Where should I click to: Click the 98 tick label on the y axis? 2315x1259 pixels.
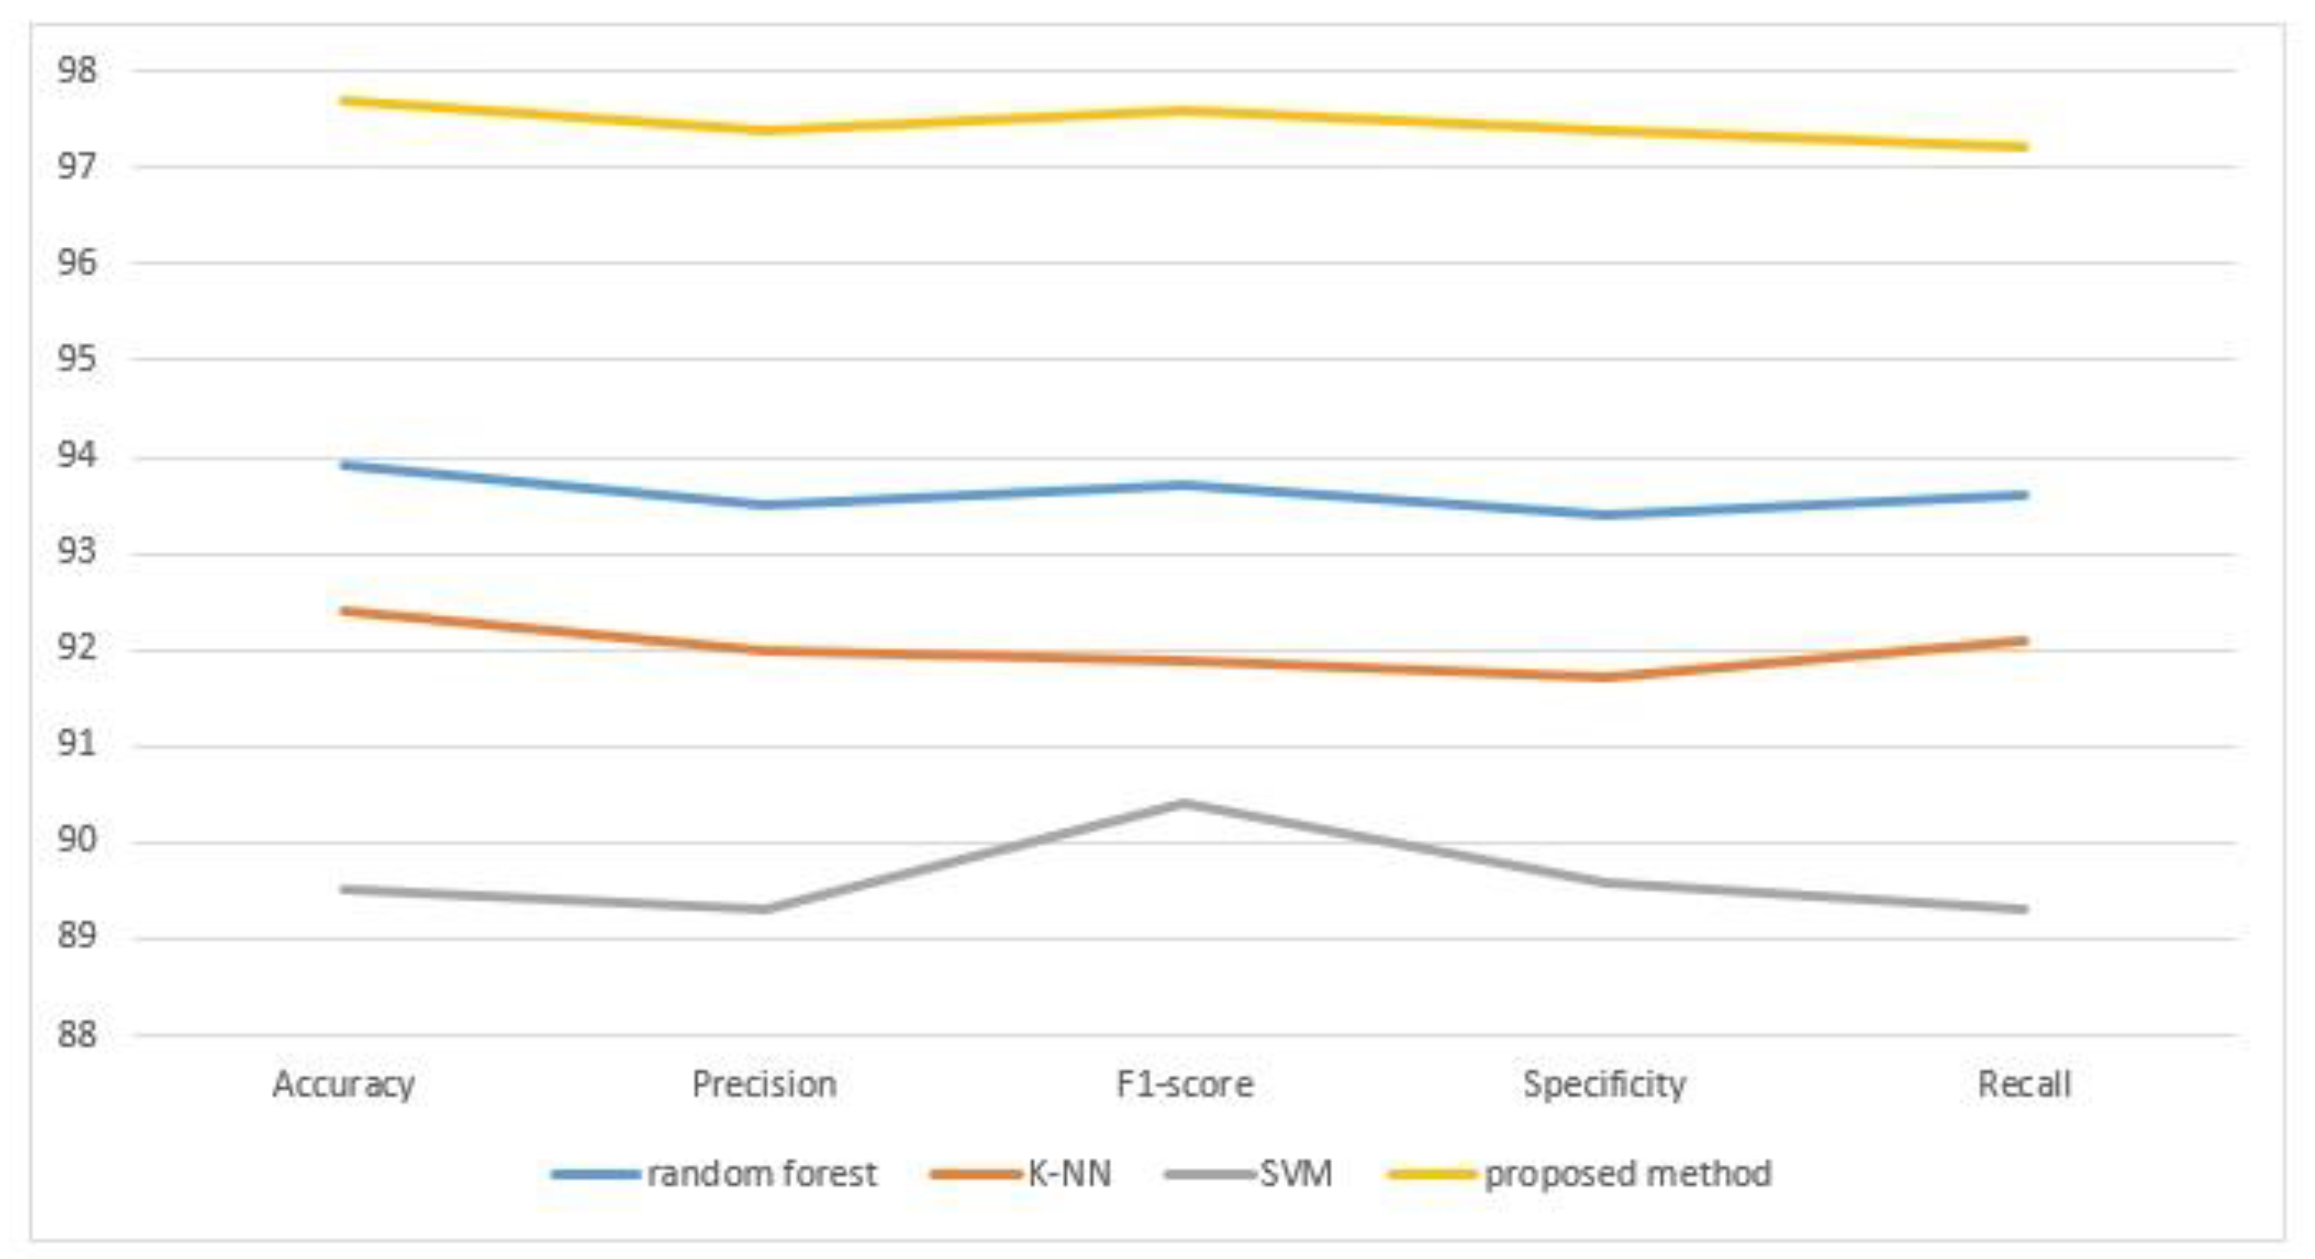(x=76, y=70)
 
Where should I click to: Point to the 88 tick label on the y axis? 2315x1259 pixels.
(x=76, y=1035)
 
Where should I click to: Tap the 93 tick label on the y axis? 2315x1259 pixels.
(x=76, y=552)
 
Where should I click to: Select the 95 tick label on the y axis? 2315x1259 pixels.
(x=76, y=359)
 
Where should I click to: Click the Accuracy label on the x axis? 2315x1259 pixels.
(x=343, y=1085)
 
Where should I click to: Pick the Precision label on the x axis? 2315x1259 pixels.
(x=764, y=1085)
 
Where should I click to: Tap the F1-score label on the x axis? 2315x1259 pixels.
(x=1184, y=1085)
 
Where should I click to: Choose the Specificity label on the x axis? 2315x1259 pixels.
(x=1604, y=1085)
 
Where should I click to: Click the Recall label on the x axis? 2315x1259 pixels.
(x=2024, y=1085)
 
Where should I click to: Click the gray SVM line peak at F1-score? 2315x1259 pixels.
(x=1184, y=802)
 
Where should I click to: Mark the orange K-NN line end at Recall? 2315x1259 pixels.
(x=2023, y=641)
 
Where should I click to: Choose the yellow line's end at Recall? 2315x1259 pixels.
(x=2023, y=147)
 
